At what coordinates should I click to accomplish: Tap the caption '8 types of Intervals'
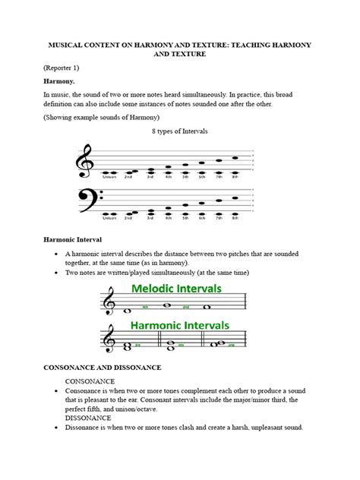pos(180,131)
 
